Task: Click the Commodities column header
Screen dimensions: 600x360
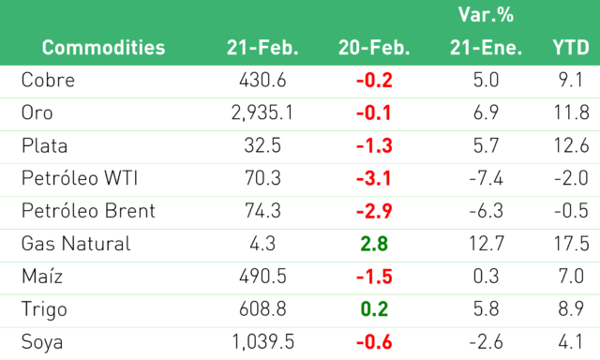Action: tap(103, 48)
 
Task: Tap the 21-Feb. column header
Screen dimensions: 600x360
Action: tap(262, 48)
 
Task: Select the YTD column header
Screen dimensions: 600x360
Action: tap(571, 48)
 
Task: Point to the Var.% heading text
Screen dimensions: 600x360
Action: tap(486, 15)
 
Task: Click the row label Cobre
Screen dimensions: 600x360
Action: tap(48, 80)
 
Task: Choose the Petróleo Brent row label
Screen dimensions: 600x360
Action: tap(88, 211)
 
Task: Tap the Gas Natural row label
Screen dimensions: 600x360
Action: tap(76, 244)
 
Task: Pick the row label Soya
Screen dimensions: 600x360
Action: tap(42, 342)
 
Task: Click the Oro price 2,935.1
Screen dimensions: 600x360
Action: tap(262, 112)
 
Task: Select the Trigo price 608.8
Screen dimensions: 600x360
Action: tap(262, 309)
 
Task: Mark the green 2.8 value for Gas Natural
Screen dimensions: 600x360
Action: tap(374, 244)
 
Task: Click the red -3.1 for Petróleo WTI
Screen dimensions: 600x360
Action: tap(374, 178)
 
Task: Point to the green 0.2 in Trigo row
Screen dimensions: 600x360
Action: tap(374, 309)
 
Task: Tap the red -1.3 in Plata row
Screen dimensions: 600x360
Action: tap(374, 145)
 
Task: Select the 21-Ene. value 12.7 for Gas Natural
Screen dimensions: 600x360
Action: tap(486, 244)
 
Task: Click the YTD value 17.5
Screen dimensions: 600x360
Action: tap(571, 244)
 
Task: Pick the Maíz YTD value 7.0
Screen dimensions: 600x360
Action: tap(571, 277)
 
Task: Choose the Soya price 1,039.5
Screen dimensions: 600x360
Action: tap(262, 342)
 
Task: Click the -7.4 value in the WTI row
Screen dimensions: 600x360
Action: tap(486, 178)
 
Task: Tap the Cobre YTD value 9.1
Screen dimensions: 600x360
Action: tap(571, 80)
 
